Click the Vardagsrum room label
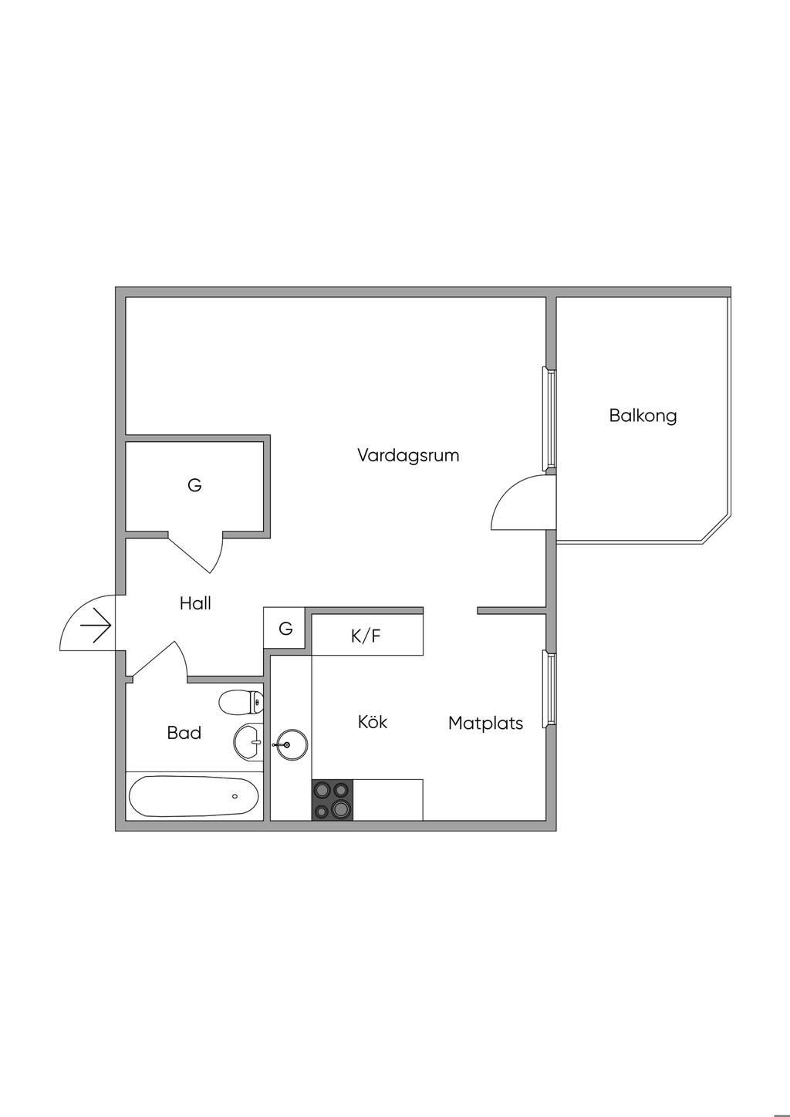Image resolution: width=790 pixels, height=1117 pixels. coord(408,455)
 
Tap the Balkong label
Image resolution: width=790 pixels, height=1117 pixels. coord(643,416)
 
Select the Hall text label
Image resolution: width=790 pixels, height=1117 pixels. coord(195,603)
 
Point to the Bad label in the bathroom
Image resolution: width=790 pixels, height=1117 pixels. coord(184,733)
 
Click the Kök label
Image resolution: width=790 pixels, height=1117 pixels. coord(373,722)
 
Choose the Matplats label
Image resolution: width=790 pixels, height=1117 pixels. coord(485,724)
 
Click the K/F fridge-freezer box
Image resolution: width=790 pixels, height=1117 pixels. coord(366,636)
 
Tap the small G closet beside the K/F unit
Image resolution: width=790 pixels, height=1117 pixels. coord(285,629)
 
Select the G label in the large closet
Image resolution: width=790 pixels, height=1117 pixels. coord(194,486)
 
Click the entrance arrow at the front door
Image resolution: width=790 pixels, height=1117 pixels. coord(96,625)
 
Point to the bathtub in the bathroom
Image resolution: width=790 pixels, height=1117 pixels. coord(194,796)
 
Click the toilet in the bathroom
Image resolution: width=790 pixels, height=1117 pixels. coord(241,703)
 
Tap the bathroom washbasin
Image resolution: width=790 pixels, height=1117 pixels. coord(248,742)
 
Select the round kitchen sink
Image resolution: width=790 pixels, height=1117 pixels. coord(290,744)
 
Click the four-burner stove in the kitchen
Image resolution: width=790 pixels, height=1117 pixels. coord(332,800)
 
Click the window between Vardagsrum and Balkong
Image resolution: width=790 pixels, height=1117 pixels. coord(550,418)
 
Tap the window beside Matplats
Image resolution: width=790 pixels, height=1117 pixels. coord(550,688)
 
